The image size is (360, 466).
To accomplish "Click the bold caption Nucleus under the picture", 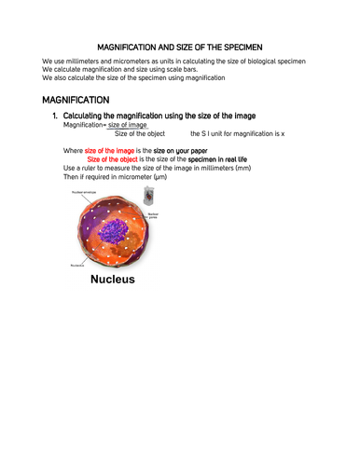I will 113,278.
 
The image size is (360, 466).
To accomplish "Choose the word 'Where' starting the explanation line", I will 73,149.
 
